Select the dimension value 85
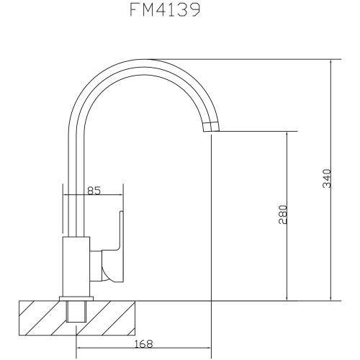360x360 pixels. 92,191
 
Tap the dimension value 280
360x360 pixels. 283,216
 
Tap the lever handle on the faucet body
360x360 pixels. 115,245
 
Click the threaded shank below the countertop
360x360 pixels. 76,314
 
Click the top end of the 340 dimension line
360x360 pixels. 331,60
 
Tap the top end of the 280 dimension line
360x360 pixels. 288,132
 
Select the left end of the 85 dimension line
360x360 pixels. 64,197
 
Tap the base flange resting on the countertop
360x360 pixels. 76,297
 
